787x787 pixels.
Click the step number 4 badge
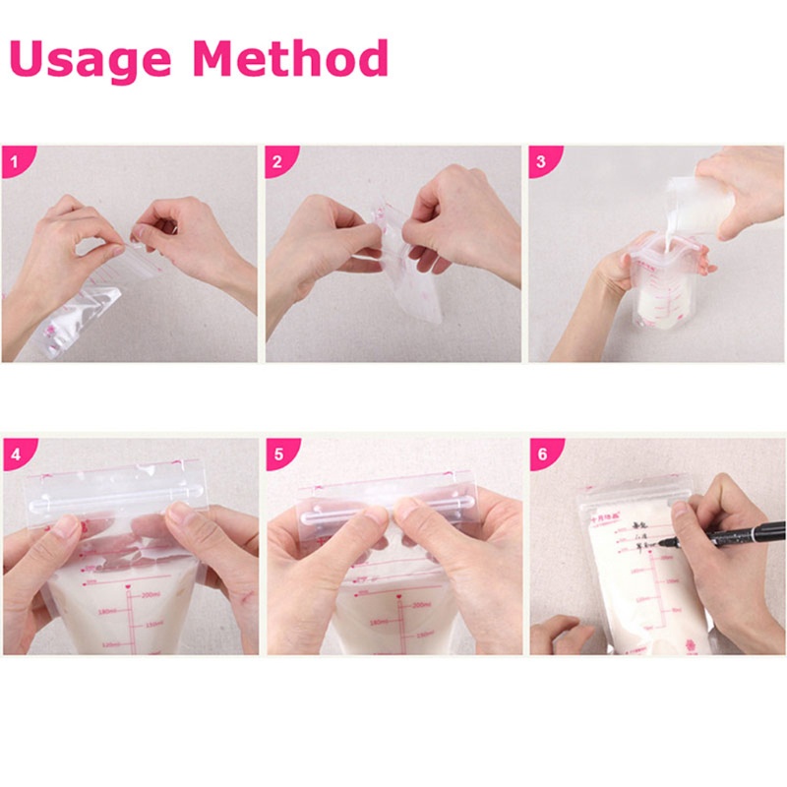click(13, 454)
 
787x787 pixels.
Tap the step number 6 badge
click(541, 454)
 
